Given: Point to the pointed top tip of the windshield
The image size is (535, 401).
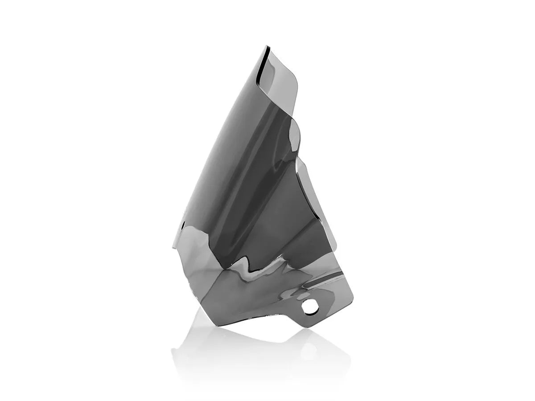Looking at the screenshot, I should [268, 46].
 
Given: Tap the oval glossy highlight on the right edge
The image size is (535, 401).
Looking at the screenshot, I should [295, 134].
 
